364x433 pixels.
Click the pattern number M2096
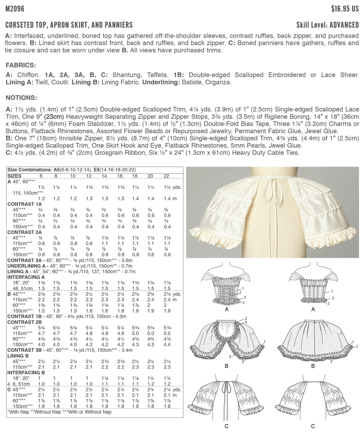point(15,9)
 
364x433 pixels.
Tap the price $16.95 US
point(345,9)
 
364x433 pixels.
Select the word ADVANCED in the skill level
point(344,25)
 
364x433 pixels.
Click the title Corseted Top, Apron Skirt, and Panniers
point(69,25)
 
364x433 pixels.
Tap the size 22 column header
point(166,176)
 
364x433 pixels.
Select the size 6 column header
point(41,176)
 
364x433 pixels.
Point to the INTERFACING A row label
point(26,277)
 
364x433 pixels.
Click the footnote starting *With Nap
point(59,412)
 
